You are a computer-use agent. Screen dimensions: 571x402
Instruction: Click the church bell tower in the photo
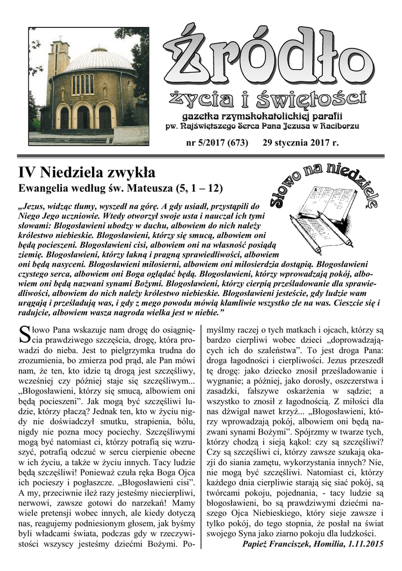[58, 61]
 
